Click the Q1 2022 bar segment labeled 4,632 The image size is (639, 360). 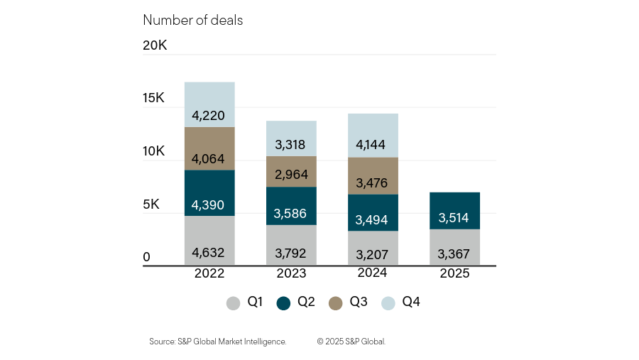tap(209, 241)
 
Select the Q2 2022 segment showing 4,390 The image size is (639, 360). tap(209, 193)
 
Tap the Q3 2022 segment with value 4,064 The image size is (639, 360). tap(209, 148)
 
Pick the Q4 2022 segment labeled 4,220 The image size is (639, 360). tap(209, 104)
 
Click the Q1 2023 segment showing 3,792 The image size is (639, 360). tap(291, 245)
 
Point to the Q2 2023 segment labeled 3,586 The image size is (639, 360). tap(291, 206)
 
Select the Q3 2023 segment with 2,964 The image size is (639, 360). tap(291, 171)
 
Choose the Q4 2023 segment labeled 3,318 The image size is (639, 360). tap(291, 138)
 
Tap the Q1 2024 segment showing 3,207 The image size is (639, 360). tap(373, 249)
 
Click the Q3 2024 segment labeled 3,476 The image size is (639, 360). tap(373, 176)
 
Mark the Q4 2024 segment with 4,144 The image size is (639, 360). tap(373, 136)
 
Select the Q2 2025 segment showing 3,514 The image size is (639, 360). tap(454, 211)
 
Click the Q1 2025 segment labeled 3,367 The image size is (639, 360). tap(454, 248)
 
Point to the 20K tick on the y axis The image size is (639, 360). tap(155, 45)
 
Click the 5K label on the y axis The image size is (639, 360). tap(151, 204)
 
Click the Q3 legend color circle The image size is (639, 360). tap(336, 303)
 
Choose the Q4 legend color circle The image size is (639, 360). tap(388, 303)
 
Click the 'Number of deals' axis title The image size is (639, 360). tap(192, 20)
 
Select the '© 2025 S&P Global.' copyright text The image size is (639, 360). tap(351, 342)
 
